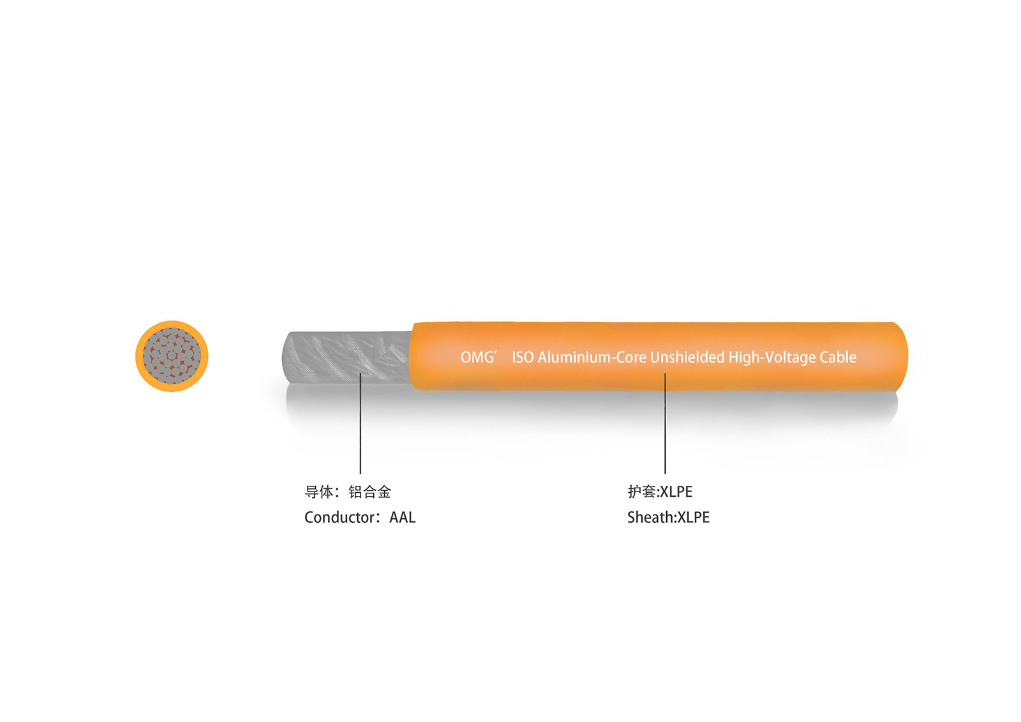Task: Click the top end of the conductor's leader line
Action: pos(361,373)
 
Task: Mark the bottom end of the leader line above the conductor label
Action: pos(361,474)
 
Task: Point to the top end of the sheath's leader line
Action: pos(665,373)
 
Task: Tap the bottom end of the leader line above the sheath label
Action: pos(665,474)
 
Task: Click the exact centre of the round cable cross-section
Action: pos(172,356)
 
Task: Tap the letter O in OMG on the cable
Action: pos(465,357)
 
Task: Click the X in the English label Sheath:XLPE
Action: pos(682,517)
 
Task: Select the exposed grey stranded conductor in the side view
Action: pos(347,357)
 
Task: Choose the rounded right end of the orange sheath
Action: pos(900,357)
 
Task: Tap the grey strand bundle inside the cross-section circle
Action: pos(172,356)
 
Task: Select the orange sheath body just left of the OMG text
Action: pos(435,357)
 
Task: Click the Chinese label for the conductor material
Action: pos(348,492)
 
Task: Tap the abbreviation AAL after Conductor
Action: pos(403,517)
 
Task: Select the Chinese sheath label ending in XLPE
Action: pos(660,492)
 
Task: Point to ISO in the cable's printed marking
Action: pos(523,357)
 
